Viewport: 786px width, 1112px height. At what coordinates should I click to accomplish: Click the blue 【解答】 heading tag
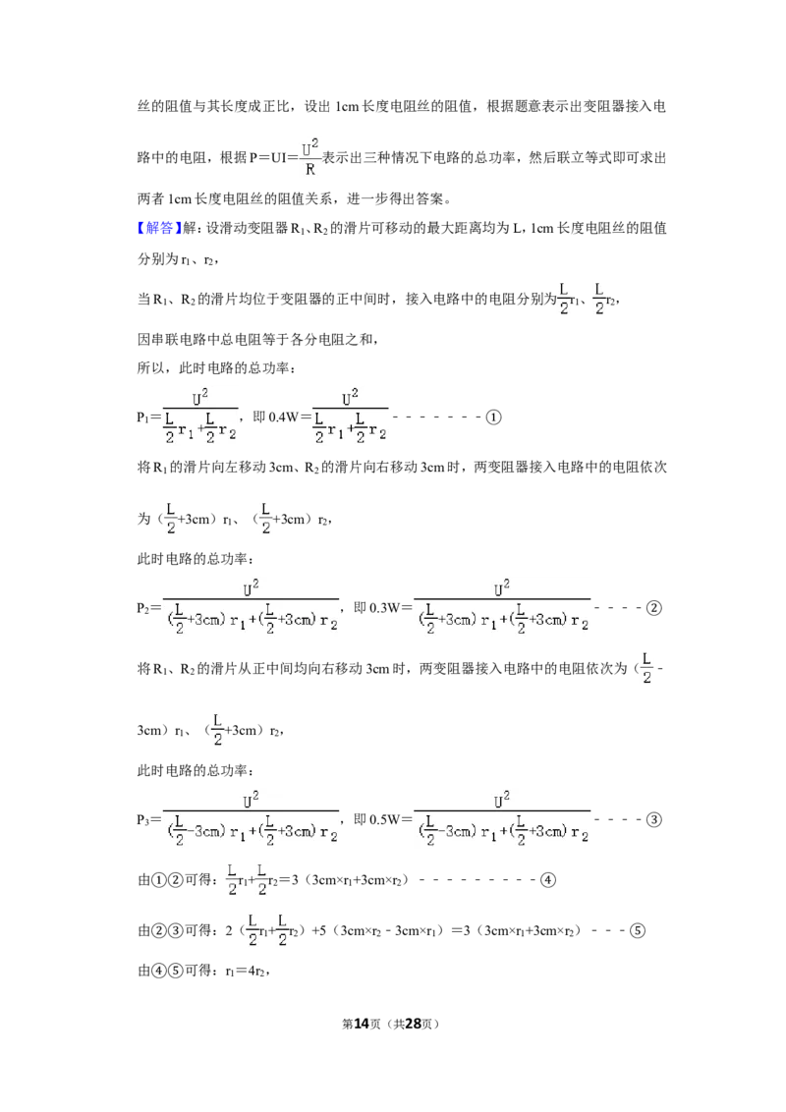point(159,228)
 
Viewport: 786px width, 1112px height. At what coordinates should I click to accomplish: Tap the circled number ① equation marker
point(493,417)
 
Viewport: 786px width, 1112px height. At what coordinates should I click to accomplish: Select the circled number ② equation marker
point(654,608)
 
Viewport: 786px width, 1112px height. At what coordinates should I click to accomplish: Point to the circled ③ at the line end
point(654,820)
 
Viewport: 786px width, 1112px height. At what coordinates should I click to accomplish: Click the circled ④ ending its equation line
point(547,880)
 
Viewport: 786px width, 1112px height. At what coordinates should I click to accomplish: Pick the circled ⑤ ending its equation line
point(637,930)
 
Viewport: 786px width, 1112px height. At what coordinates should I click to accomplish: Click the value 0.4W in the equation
point(285,417)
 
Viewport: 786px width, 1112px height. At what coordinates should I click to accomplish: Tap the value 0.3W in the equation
point(384,608)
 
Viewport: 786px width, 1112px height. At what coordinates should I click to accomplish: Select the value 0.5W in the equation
point(384,820)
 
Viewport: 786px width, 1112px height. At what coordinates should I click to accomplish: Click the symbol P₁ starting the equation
point(142,417)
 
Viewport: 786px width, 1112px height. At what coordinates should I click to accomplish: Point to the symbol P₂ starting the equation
point(142,608)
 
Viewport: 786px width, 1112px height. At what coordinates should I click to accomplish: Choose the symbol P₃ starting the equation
point(142,820)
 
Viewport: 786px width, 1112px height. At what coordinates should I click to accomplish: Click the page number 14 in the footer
point(362,1024)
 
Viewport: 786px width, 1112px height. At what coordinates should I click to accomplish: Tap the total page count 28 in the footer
point(413,1024)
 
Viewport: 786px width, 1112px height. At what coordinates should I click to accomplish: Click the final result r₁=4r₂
point(246,972)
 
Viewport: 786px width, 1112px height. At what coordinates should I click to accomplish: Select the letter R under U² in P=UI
point(310,170)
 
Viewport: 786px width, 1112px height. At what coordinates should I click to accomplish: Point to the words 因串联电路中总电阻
point(199,340)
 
